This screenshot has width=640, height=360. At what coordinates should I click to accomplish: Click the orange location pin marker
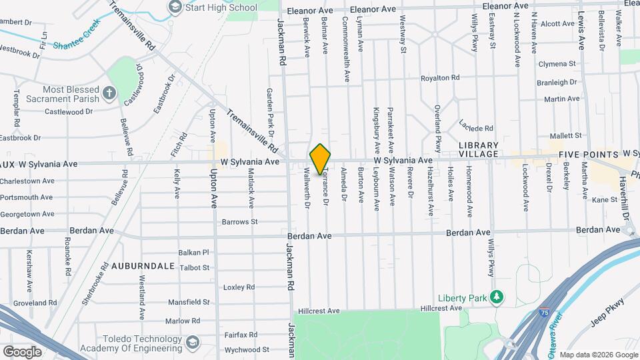pos(320,159)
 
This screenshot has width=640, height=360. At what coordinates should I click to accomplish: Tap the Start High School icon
pos(175,8)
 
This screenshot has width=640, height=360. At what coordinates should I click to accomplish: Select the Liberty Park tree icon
pos(495,297)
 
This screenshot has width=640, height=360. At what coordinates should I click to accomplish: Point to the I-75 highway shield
pos(545,311)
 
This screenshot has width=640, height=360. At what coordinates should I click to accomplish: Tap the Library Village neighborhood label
pos(479,149)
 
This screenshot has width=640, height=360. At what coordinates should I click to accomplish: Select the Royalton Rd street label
pos(440,78)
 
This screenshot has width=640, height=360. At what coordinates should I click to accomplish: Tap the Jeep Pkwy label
pos(609,313)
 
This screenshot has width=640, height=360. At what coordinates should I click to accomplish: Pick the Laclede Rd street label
pos(476,126)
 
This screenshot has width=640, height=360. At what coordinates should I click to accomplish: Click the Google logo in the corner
pos(22,351)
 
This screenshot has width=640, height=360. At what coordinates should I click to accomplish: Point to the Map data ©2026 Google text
pos(597,355)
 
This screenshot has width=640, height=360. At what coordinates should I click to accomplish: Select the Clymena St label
pos(557,64)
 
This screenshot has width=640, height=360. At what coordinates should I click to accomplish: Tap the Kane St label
pos(605,199)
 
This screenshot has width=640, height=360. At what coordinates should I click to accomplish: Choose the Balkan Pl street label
pos(194,253)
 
